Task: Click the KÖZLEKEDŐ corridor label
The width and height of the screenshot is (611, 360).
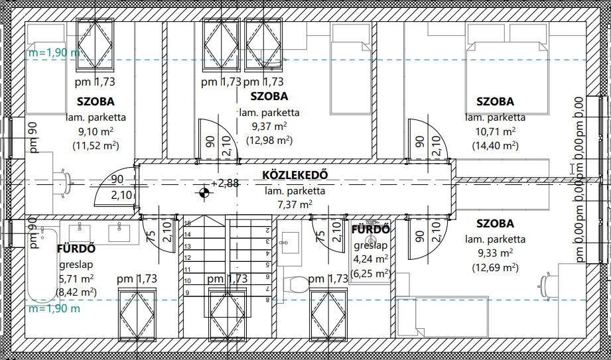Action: point(295,174)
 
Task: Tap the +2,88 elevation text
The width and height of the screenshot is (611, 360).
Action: point(225,183)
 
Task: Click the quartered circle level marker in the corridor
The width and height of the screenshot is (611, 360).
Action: point(204,192)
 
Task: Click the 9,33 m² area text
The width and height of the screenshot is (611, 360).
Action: point(495,253)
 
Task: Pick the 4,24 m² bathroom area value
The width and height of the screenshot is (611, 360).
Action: point(371,259)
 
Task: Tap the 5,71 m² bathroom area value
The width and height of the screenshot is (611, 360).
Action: point(76,278)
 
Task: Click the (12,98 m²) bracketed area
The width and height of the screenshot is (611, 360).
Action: point(269,140)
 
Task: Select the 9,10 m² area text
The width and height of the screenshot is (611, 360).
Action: point(96,131)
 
